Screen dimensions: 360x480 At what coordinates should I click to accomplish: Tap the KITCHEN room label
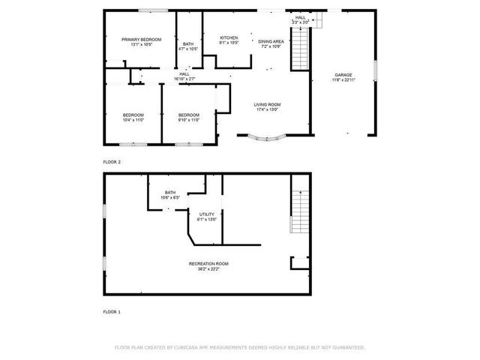229,37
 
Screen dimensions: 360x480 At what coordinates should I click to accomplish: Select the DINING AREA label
271,41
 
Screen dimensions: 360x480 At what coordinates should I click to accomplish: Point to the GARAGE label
343,75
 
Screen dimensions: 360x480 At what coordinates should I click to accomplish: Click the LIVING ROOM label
268,104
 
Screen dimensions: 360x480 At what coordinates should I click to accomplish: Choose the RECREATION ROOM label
208,263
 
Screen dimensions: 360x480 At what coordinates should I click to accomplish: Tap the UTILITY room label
206,214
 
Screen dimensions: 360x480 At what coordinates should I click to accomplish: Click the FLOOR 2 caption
112,161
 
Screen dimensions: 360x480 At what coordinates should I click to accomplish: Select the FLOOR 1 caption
112,310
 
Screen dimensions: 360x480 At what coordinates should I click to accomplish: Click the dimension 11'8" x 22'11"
343,80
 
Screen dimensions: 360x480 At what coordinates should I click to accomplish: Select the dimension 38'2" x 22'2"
208,268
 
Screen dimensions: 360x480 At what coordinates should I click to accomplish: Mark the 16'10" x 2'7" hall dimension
184,79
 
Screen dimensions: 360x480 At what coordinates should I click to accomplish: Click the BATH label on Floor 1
170,193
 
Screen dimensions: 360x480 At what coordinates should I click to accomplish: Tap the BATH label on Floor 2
188,44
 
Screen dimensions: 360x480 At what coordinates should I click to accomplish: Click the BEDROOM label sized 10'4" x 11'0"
133,115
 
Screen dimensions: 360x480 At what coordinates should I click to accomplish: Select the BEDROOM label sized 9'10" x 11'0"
188,115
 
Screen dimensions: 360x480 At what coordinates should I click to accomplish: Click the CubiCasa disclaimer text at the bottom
239,347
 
